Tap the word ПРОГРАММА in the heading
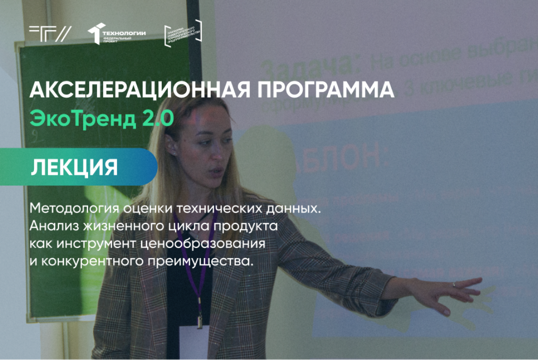click(x=316, y=90)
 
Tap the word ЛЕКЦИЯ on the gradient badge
click(x=74, y=167)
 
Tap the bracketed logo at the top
click(x=183, y=34)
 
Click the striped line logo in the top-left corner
click(x=50, y=33)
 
